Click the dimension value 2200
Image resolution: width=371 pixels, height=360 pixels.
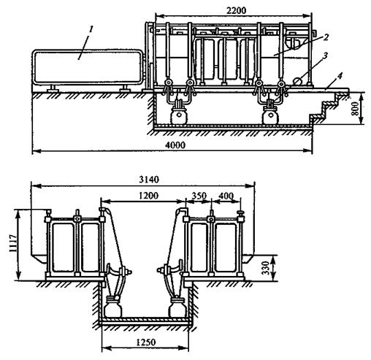236,10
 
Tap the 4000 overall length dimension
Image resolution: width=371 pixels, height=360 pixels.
175,145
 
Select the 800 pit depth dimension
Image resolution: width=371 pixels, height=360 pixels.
356,108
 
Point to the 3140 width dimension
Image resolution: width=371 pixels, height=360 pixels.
149,180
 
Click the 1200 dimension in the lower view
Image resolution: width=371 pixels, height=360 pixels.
148,195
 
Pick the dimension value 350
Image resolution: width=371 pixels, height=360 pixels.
199,196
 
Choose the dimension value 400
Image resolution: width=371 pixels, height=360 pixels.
226,196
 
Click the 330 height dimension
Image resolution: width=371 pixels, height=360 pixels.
267,268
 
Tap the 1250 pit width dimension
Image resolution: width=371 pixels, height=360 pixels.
145,342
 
